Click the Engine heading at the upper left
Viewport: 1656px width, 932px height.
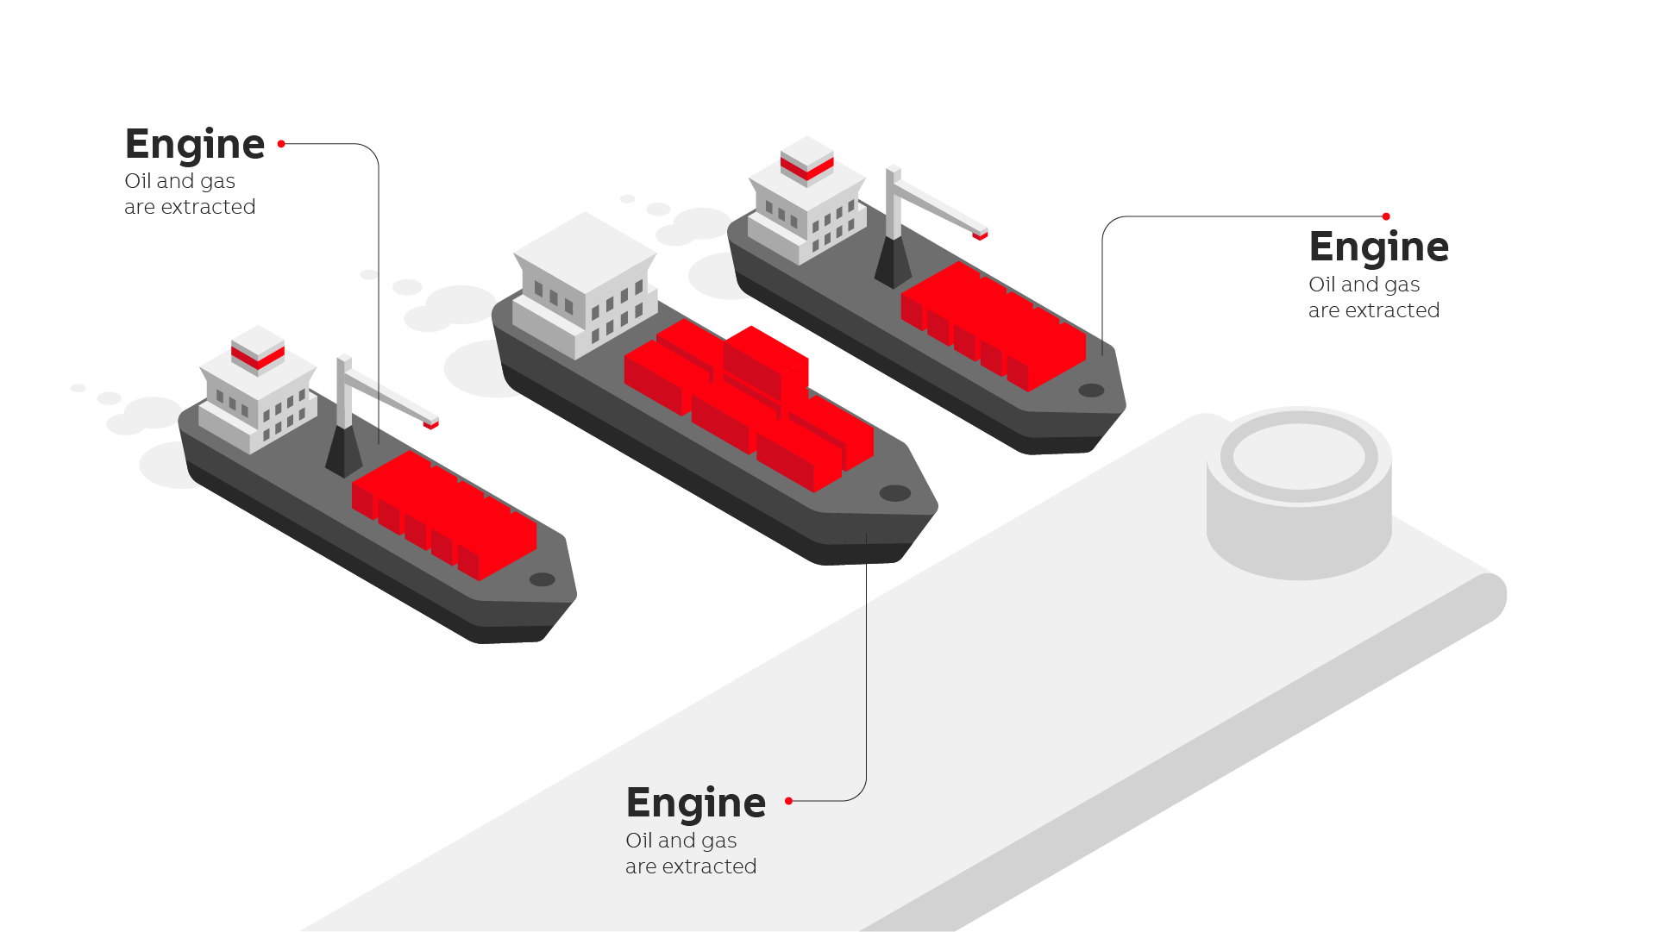pos(195,144)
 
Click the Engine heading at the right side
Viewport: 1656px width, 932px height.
pos(1378,247)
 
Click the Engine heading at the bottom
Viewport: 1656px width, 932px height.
pos(695,803)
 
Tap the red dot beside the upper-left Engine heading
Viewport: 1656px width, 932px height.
pos(281,144)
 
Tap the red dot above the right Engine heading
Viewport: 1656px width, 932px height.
pos(1386,216)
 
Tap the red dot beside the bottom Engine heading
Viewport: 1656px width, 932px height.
pos(788,801)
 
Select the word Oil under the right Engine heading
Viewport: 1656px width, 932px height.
pos(1321,285)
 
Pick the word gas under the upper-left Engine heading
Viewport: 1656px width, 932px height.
pos(217,182)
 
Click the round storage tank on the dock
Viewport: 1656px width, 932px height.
pos(1298,491)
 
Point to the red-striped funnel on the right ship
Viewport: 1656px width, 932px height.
pos(807,160)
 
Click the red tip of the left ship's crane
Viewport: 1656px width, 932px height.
pos(431,423)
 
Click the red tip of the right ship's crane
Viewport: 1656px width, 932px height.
pos(980,234)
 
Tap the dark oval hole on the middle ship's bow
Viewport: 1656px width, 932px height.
pos(894,493)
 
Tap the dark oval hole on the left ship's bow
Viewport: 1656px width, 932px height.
pos(542,579)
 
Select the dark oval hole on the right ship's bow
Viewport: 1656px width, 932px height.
pos(1091,391)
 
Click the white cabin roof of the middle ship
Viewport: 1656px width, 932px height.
pos(585,250)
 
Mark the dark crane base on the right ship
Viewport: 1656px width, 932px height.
pos(893,263)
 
